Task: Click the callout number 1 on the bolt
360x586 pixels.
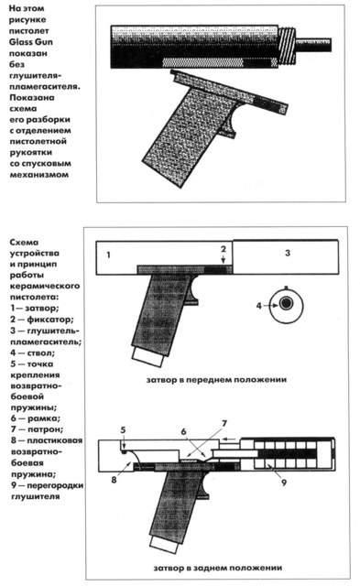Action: (x=108, y=255)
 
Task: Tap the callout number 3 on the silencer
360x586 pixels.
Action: (x=287, y=253)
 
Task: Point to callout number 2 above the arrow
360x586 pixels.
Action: (x=224, y=249)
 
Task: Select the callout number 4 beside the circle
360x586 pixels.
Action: (x=258, y=306)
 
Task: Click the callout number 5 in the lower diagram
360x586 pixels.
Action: (x=123, y=430)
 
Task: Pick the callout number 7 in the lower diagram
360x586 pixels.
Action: (x=224, y=423)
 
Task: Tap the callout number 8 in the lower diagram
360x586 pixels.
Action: (x=114, y=480)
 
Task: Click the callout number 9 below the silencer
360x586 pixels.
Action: (x=284, y=483)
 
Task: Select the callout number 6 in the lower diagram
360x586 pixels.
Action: (x=183, y=431)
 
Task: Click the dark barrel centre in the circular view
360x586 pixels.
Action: (x=287, y=303)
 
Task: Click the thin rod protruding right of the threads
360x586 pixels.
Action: (x=313, y=45)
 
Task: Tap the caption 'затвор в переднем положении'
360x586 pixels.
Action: (x=216, y=380)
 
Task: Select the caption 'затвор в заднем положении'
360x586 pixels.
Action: (x=218, y=568)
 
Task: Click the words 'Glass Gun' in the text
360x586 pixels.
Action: (x=31, y=42)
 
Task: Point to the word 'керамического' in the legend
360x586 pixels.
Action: (x=45, y=286)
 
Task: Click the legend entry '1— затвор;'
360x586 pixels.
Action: (x=35, y=309)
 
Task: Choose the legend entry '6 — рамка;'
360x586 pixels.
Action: (x=36, y=418)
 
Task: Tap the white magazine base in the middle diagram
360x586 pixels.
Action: (x=148, y=358)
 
